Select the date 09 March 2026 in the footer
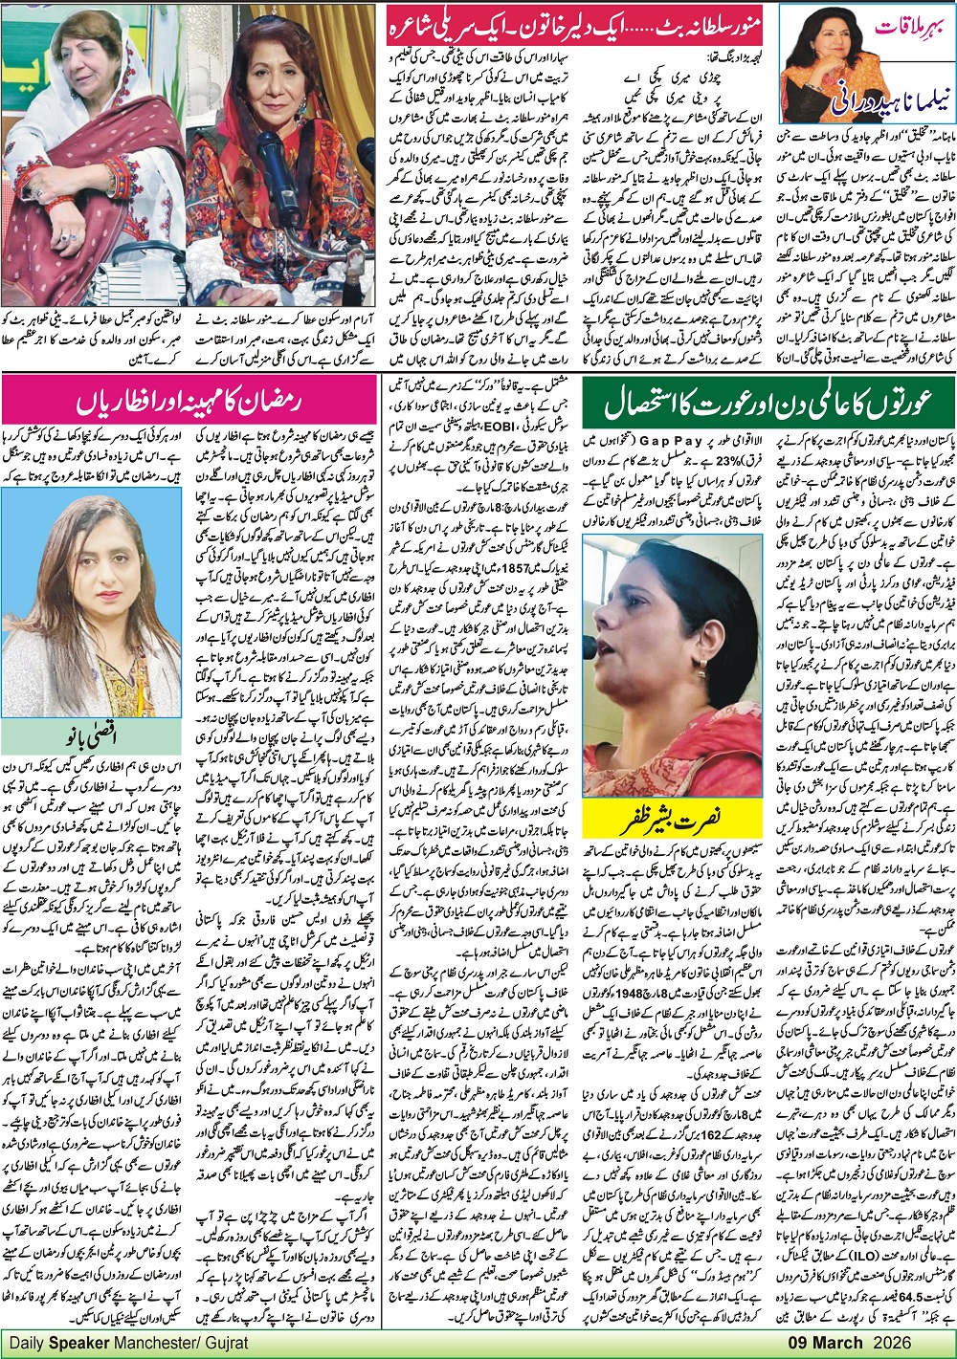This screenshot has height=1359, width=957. (x=886, y=1343)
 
